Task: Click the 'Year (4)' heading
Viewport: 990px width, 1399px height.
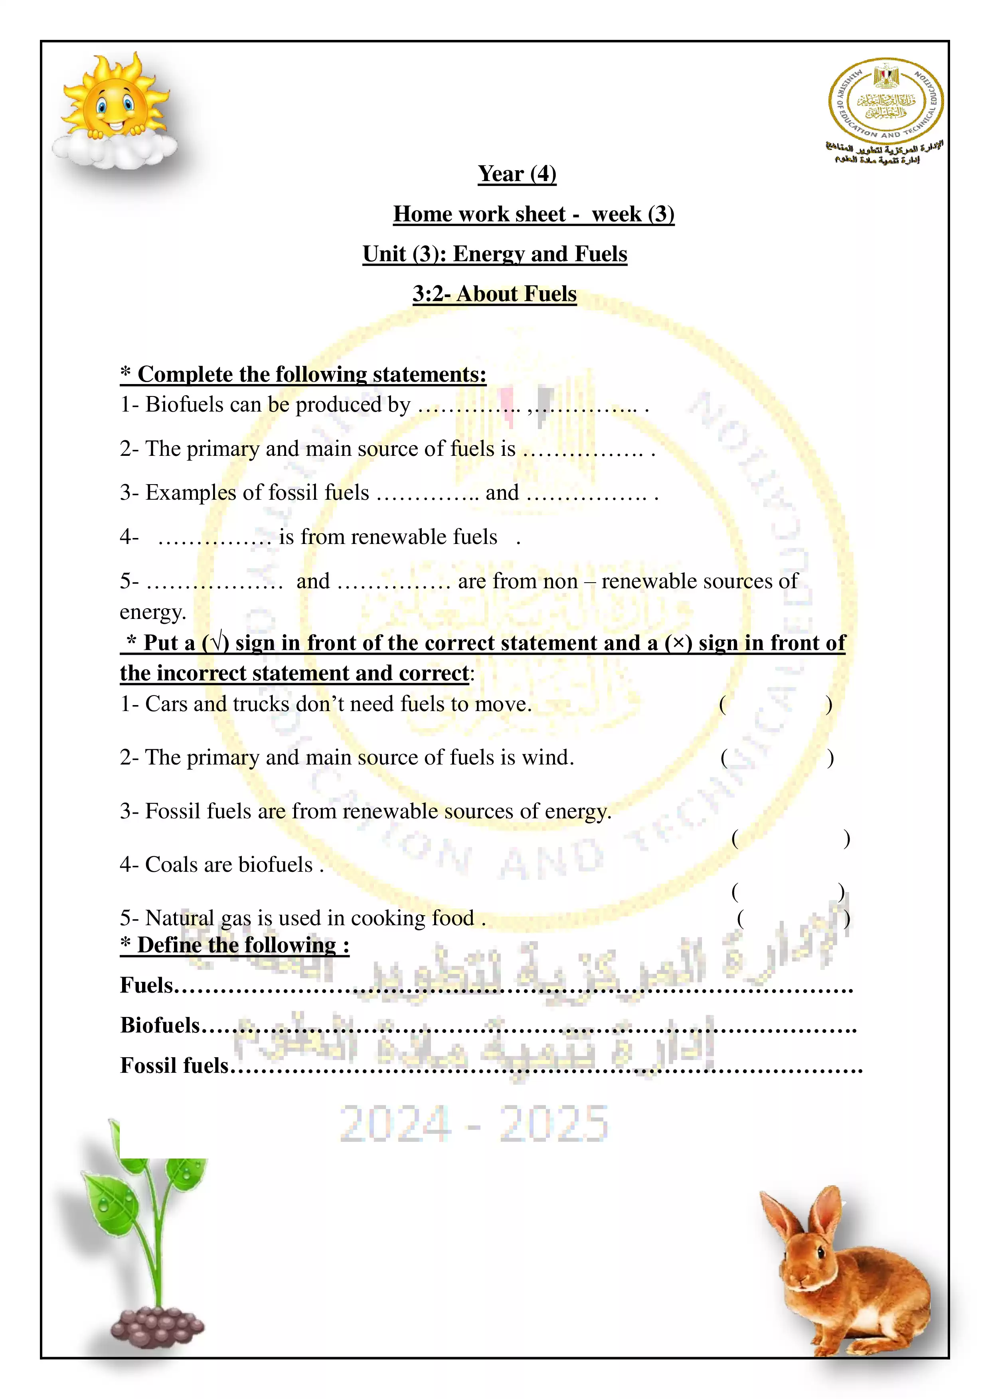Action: click(x=517, y=174)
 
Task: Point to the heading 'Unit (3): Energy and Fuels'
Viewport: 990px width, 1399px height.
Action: click(x=494, y=254)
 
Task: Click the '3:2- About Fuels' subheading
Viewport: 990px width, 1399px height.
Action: click(x=494, y=294)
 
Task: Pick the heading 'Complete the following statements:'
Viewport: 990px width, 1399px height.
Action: click(x=304, y=374)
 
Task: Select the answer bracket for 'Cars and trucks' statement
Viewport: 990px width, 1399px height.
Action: click(x=775, y=705)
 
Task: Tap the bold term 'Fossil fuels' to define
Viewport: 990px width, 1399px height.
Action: click(x=174, y=1066)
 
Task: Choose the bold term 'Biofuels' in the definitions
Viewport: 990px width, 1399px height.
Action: click(x=160, y=1025)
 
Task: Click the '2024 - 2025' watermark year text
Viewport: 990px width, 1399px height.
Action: click(x=474, y=1123)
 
